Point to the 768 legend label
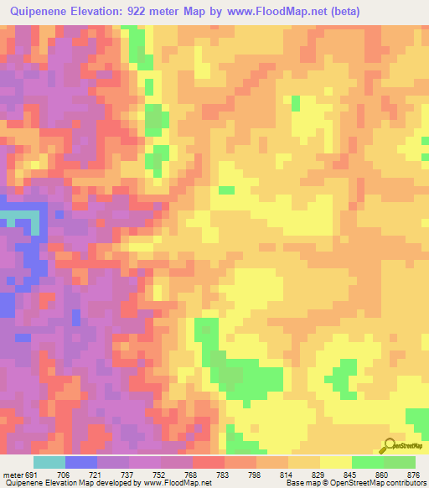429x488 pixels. coord(192,474)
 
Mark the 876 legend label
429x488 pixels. coord(413,474)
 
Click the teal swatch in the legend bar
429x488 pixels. coord(49,462)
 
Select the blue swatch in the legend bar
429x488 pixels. coord(81,462)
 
